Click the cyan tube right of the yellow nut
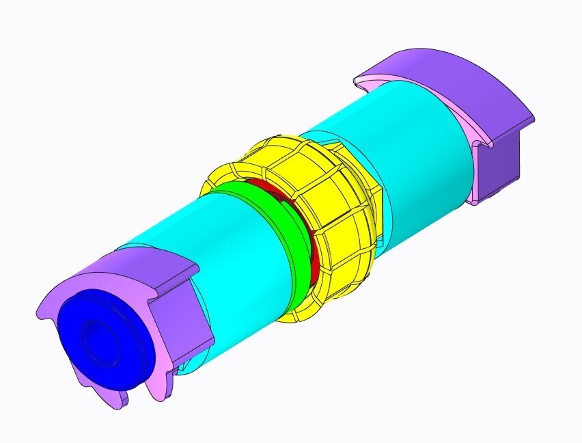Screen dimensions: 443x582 (417, 150)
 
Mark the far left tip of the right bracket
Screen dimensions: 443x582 (355, 82)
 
